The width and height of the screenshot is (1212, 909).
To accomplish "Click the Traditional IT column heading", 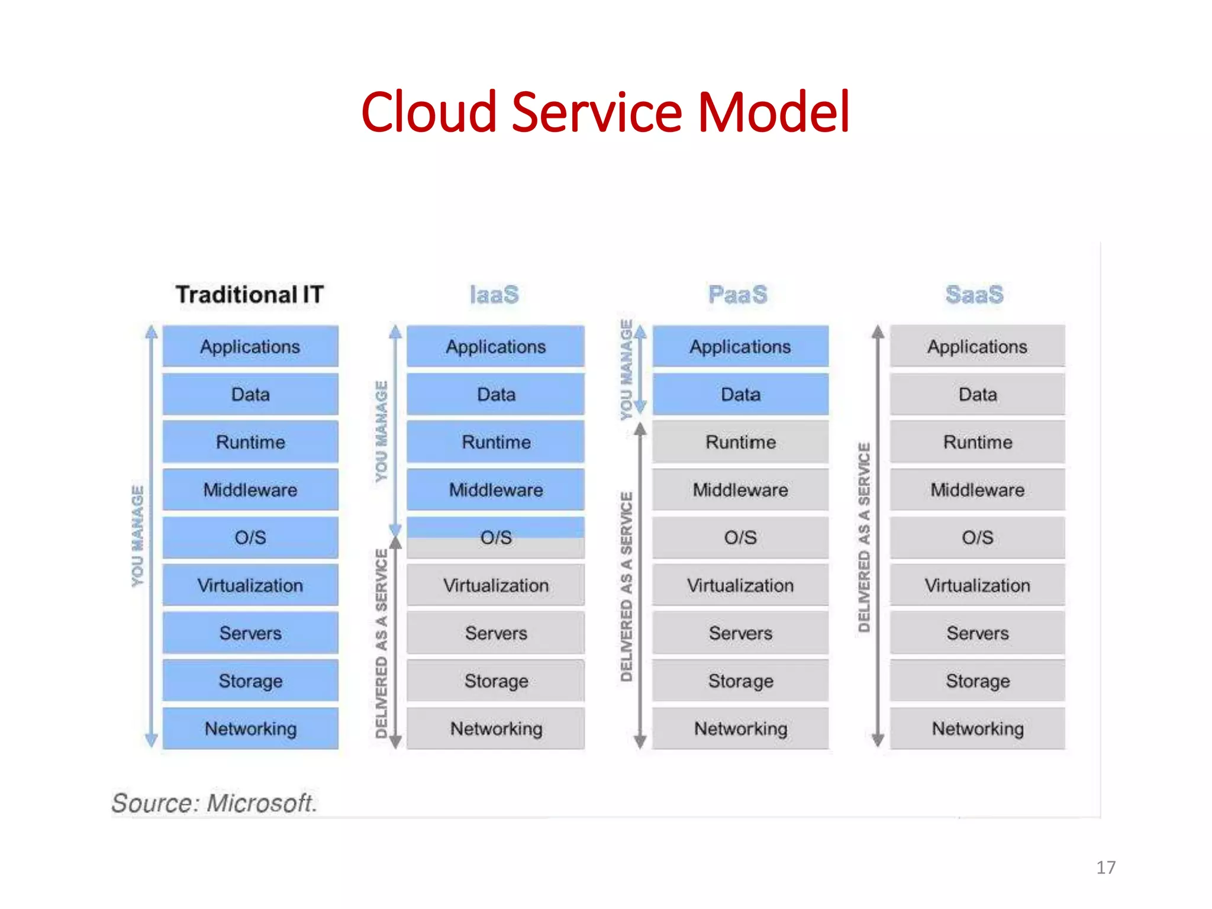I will [249, 294].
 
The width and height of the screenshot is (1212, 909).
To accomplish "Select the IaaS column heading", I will [494, 294].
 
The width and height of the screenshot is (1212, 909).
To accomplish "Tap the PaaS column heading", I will [737, 294].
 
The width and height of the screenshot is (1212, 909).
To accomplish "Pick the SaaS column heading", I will [974, 294].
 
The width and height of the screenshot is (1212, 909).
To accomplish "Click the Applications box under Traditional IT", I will [250, 346].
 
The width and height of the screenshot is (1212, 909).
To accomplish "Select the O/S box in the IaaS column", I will [496, 537].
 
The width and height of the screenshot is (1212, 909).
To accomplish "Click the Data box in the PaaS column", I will [740, 394].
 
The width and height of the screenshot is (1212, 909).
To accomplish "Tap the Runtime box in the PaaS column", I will [740, 442].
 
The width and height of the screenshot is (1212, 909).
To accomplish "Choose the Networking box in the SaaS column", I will [977, 729].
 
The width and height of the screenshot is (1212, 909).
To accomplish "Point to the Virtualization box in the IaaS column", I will [496, 585].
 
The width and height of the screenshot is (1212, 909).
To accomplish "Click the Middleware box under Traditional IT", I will [250, 489].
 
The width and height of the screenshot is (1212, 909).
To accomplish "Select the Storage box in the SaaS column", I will [977, 681].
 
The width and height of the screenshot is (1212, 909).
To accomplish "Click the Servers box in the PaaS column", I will [740, 633].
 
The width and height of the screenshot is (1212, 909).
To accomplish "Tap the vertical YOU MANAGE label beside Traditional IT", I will [137, 536].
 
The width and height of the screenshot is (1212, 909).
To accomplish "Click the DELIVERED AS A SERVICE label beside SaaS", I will [864, 537].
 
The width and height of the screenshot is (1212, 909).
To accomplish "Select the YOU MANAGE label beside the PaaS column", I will [626, 370].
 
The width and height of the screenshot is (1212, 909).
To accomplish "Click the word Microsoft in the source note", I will [262, 803].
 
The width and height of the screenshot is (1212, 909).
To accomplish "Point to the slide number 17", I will [1105, 868].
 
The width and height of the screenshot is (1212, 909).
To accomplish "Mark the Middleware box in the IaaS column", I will [496, 489].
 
